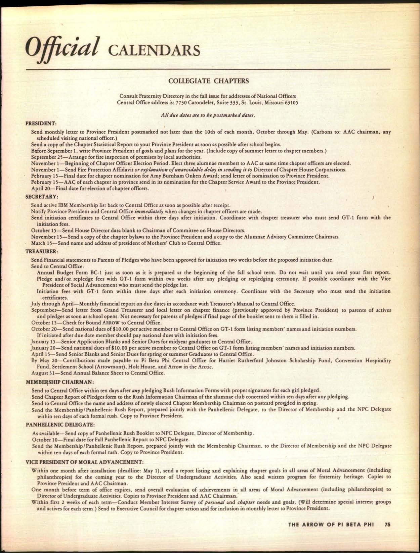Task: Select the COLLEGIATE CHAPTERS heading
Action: pyautogui.click(x=208, y=81)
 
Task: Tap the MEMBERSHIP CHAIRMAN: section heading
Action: pyautogui.click(x=59, y=382)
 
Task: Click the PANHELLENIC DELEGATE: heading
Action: pyautogui.click(x=57, y=424)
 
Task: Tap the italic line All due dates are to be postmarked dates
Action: pyautogui.click(x=208, y=115)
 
